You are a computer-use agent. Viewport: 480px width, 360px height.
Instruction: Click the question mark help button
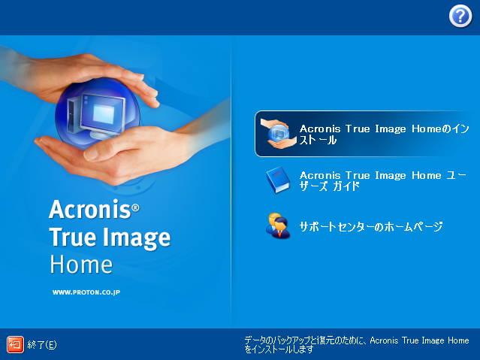click(460, 17)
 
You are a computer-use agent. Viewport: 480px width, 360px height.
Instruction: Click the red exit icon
click(15, 345)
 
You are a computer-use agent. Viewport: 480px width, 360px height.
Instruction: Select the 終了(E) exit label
click(42, 345)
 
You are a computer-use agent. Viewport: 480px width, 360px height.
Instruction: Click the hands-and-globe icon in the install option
click(278, 134)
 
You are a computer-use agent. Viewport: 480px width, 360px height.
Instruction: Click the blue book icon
click(278, 180)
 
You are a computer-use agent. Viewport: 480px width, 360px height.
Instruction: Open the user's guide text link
click(382, 180)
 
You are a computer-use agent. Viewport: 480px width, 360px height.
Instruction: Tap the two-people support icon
click(278, 225)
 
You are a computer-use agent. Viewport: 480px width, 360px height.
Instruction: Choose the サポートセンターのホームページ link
click(371, 226)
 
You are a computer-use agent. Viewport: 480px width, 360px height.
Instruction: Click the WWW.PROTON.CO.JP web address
click(86, 292)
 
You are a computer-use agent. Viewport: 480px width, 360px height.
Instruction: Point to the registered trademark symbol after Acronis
click(135, 208)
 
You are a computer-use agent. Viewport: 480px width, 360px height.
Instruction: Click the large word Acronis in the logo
click(90, 209)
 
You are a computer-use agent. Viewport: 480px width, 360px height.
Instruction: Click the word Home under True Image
click(81, 265)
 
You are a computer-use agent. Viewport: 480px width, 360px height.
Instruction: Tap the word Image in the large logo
click(137, 238)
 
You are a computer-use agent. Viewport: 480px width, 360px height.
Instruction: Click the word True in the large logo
click(73, 237)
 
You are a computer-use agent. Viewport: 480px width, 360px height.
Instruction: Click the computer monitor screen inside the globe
click(104, 114)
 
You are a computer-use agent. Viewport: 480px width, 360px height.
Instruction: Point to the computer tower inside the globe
click(73, 115)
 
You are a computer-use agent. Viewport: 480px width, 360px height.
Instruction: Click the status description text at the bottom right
click(357, 345)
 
